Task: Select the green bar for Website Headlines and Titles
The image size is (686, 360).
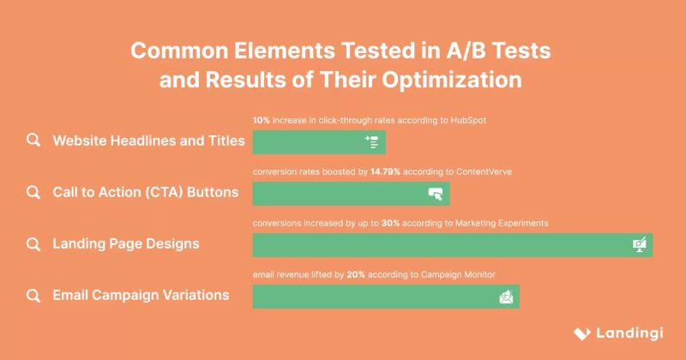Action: (x=309, y=142)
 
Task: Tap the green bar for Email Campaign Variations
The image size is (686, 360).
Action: (x=377, y=297)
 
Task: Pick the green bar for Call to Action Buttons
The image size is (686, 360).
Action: (x=343, y=194)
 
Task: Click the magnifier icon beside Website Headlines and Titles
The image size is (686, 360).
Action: (x=33, y=141)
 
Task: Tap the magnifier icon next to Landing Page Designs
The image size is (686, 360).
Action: (x=33, y=243)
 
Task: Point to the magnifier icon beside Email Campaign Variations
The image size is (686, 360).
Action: (x=33, y=295)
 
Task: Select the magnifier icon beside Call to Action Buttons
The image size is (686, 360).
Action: (x=33, y=192)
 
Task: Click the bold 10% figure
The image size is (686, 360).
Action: (x=261, y=121)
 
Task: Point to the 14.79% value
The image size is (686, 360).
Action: (x=386, y=172)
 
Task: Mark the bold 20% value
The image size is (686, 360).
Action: (x=358, y=274)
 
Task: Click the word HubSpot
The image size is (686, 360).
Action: (x=466, y=121)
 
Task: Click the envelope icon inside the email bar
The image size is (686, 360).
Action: (x=506, y=297)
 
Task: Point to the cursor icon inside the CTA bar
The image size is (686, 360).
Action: (x=436, y=194)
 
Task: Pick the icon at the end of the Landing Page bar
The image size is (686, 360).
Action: (x=640, y=245)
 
